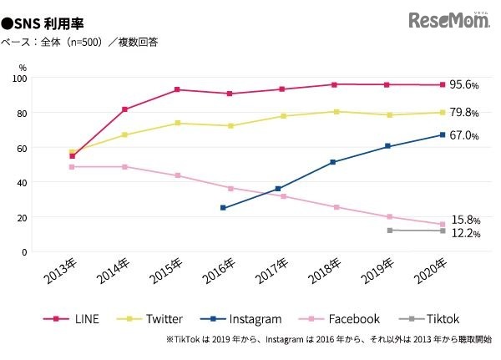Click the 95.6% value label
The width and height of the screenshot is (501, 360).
[464, 85]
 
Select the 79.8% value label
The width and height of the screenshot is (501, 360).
[464, 113]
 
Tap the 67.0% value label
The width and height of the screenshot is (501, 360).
[464, 135]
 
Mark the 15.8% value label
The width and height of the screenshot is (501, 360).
[464, 220]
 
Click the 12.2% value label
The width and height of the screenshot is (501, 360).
[464, 234]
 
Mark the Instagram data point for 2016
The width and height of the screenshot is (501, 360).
[223, 207]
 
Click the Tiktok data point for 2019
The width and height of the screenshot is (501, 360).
[389, 230]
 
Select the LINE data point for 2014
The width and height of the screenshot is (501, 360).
[124, 109]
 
